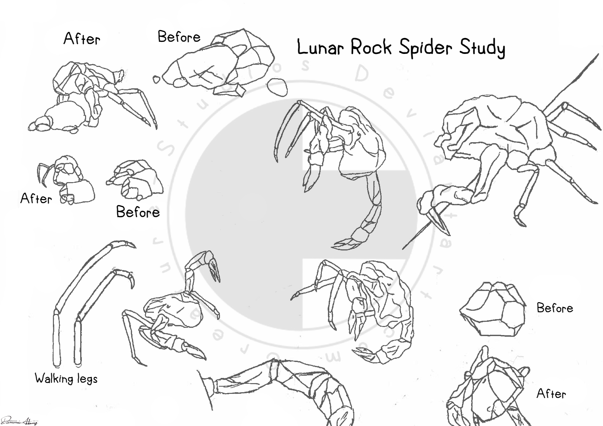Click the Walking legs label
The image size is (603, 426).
pos(66,379)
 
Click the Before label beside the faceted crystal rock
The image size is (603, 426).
pos(555,308)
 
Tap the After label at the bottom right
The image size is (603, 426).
pos(551,394)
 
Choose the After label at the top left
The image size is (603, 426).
pos(82,39)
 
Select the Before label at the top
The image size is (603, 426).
pos(179,37)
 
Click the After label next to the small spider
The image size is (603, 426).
pos(36,198)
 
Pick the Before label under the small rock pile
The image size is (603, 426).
pos(138,212)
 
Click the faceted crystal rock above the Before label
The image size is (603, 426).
pos(493,308)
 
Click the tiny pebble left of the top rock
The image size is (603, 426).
pos(157,80)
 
